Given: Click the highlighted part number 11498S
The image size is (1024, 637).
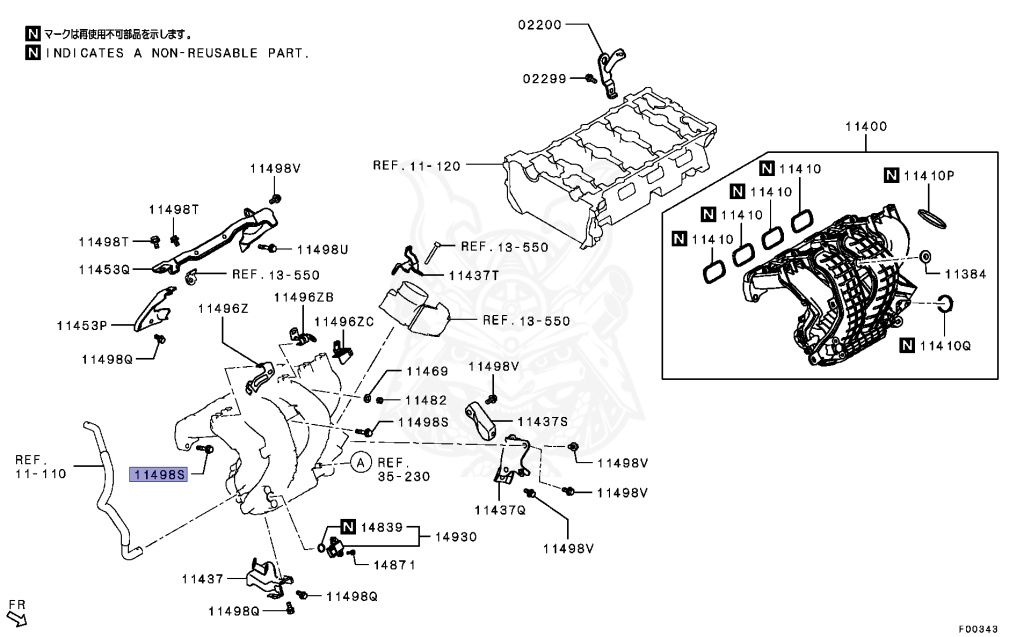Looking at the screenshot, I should point(160,476).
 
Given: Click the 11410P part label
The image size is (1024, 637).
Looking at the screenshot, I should point(930,176).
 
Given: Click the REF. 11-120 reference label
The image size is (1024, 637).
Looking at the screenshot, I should point(417,166).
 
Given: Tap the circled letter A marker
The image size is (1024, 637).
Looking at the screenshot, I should point(361,462).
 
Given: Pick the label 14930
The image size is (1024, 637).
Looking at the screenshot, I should point(455,537).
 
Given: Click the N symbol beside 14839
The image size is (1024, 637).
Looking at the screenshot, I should point(348,526).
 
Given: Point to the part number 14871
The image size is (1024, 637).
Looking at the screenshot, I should point(395,565).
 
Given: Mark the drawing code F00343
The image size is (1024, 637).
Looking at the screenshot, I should point(978,629).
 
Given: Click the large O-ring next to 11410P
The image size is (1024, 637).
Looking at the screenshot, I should point(932,216).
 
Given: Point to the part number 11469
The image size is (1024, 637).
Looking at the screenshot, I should point(425,370).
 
